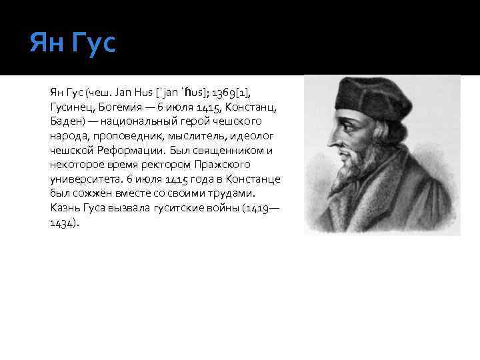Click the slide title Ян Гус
click(x=73, y=44)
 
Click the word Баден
click(x=67, y=121)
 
